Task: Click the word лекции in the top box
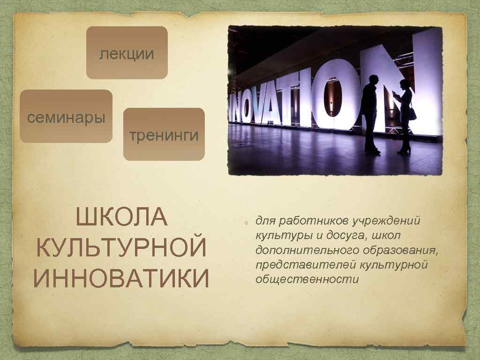click(x=127, y=54)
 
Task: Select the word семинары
click(x=66, y=117)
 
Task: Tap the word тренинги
click(x=164, y=135)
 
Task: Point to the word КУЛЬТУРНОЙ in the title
click(x=121, y=248)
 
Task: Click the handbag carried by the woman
click(x=412, y=113)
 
